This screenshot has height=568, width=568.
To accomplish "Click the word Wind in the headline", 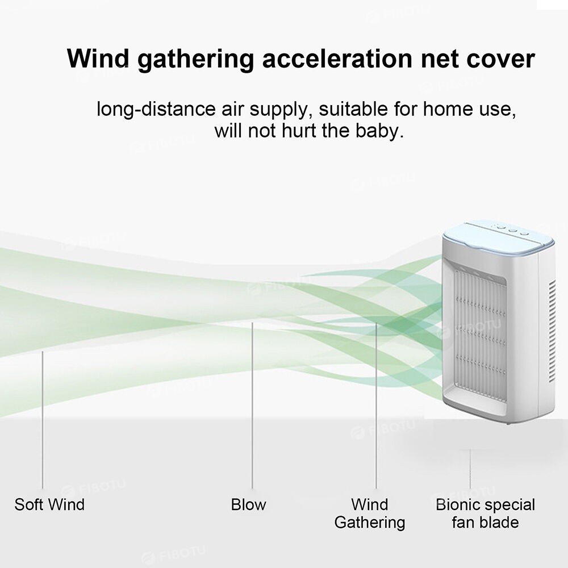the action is tap(98, 59).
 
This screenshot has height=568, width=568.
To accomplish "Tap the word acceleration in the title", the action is tap(337, 59).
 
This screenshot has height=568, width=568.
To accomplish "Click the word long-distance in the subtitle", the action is tap(156, 110).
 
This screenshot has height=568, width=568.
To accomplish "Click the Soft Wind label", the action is tap(49, 504).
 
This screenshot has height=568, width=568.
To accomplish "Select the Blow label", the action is tap(249, 504).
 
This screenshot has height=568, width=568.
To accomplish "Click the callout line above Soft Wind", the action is tap(43, 420).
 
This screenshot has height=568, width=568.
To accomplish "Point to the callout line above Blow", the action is tap(253, 406).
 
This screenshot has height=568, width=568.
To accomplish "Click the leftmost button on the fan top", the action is tap(500, 228).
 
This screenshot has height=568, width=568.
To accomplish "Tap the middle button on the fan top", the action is tap(512, 231).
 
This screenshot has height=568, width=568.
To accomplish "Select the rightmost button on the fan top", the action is tap(524, 233).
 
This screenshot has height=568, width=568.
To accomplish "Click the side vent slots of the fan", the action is tap(552, 332).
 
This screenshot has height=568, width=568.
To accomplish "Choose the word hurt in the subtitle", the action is tap(299, 131).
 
